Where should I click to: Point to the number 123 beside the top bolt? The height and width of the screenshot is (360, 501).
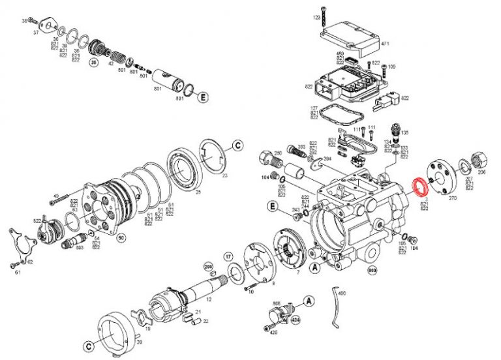(x=316, y=17)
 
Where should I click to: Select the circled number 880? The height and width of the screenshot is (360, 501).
(x=372, y=270)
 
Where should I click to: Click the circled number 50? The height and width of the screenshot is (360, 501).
(x=121, y=238)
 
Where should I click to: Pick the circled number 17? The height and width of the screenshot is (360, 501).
(x=228, y=256)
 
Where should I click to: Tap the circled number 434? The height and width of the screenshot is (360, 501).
(x=296, y=320)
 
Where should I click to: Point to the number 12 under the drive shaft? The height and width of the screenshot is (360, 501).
(x=209, y=299)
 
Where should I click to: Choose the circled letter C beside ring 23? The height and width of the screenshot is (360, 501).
(x=237, y=144)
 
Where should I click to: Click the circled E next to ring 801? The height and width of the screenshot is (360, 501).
(x=204, y=97)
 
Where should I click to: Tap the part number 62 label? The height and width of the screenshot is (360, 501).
(x=29, y=261)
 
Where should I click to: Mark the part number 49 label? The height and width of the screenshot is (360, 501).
(x=56, y=196)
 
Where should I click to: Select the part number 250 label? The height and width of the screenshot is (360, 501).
(x=277, y=153)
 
